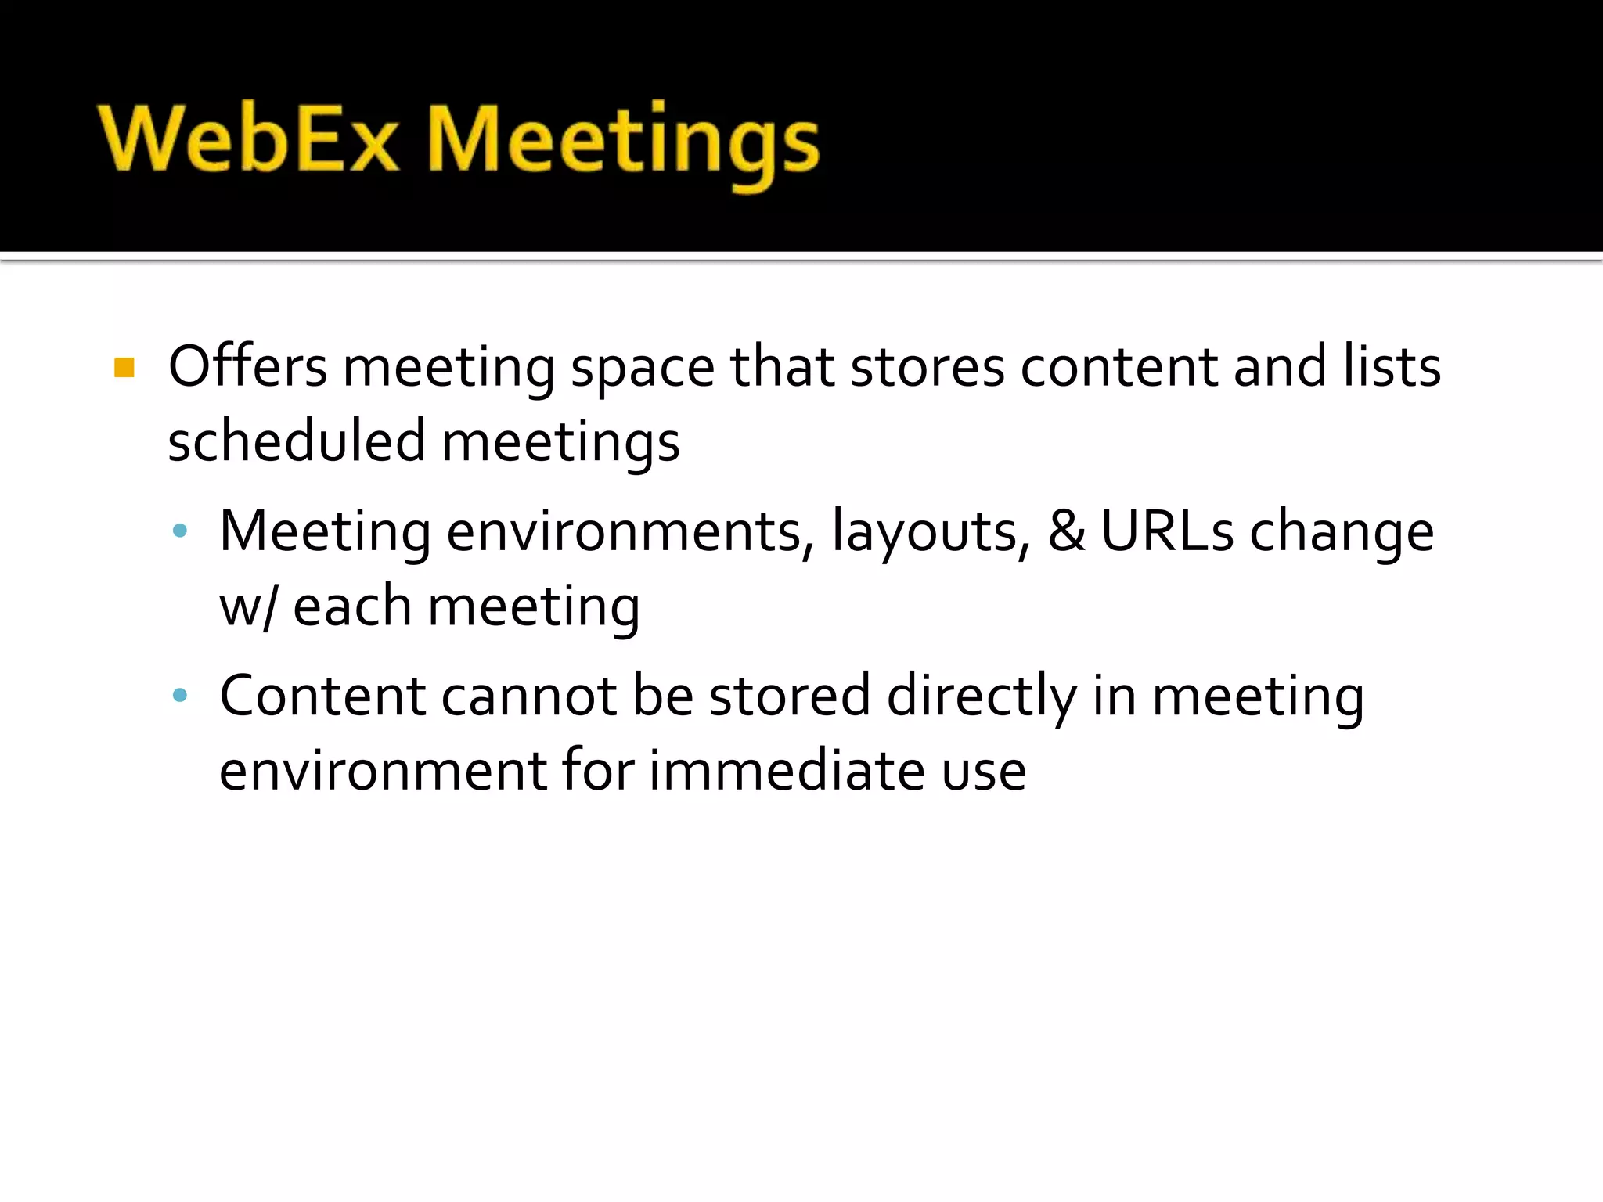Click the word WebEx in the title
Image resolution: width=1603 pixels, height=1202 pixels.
pos(249,139)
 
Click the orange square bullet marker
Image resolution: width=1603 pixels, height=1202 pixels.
pos(124,367)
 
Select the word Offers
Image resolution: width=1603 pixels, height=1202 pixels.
pos(247,366)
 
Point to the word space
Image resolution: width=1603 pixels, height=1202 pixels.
pos(643,369)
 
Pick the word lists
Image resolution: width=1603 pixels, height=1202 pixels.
pos(1392,366)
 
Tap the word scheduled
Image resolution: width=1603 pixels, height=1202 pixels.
pos(296,441)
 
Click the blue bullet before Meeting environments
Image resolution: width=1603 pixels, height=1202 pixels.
pos(180,531)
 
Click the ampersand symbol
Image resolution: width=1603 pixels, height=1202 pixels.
pos(1067,531)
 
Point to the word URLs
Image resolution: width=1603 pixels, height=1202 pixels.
pos(1167,531)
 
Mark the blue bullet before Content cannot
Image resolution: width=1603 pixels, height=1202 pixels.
pos(180,695)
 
